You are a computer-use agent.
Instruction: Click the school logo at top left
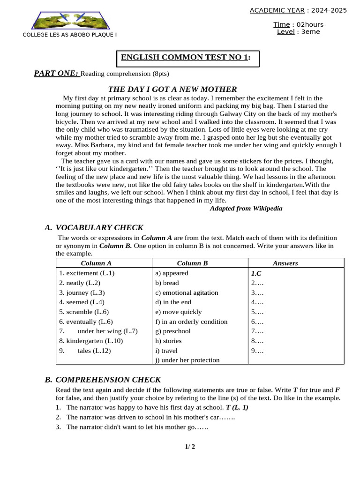click(x=70, y=20)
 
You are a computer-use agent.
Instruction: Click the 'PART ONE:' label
click(x=56, y=73)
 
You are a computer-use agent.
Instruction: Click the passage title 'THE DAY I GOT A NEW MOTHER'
click(x=172, y=89)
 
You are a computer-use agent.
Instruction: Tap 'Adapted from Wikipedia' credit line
click(x=246, y=209)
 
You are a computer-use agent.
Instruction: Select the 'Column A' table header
click(x=96, y=263)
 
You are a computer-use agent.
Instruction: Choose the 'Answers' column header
click(x=285, y=263)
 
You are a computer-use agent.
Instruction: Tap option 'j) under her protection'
click(x=187, y=360)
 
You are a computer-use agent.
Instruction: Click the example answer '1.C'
click(x=256, y=273)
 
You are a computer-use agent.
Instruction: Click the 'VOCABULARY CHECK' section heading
click(x=99, y=228)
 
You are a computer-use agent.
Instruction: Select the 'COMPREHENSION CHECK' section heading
click(x=108, y=380)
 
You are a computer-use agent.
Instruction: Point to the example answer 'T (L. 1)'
click(x=237, y=407)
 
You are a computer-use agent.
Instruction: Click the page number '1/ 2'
click(x=190, y=446)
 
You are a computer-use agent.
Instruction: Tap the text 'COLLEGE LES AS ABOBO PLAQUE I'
click(x=70, y=35)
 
